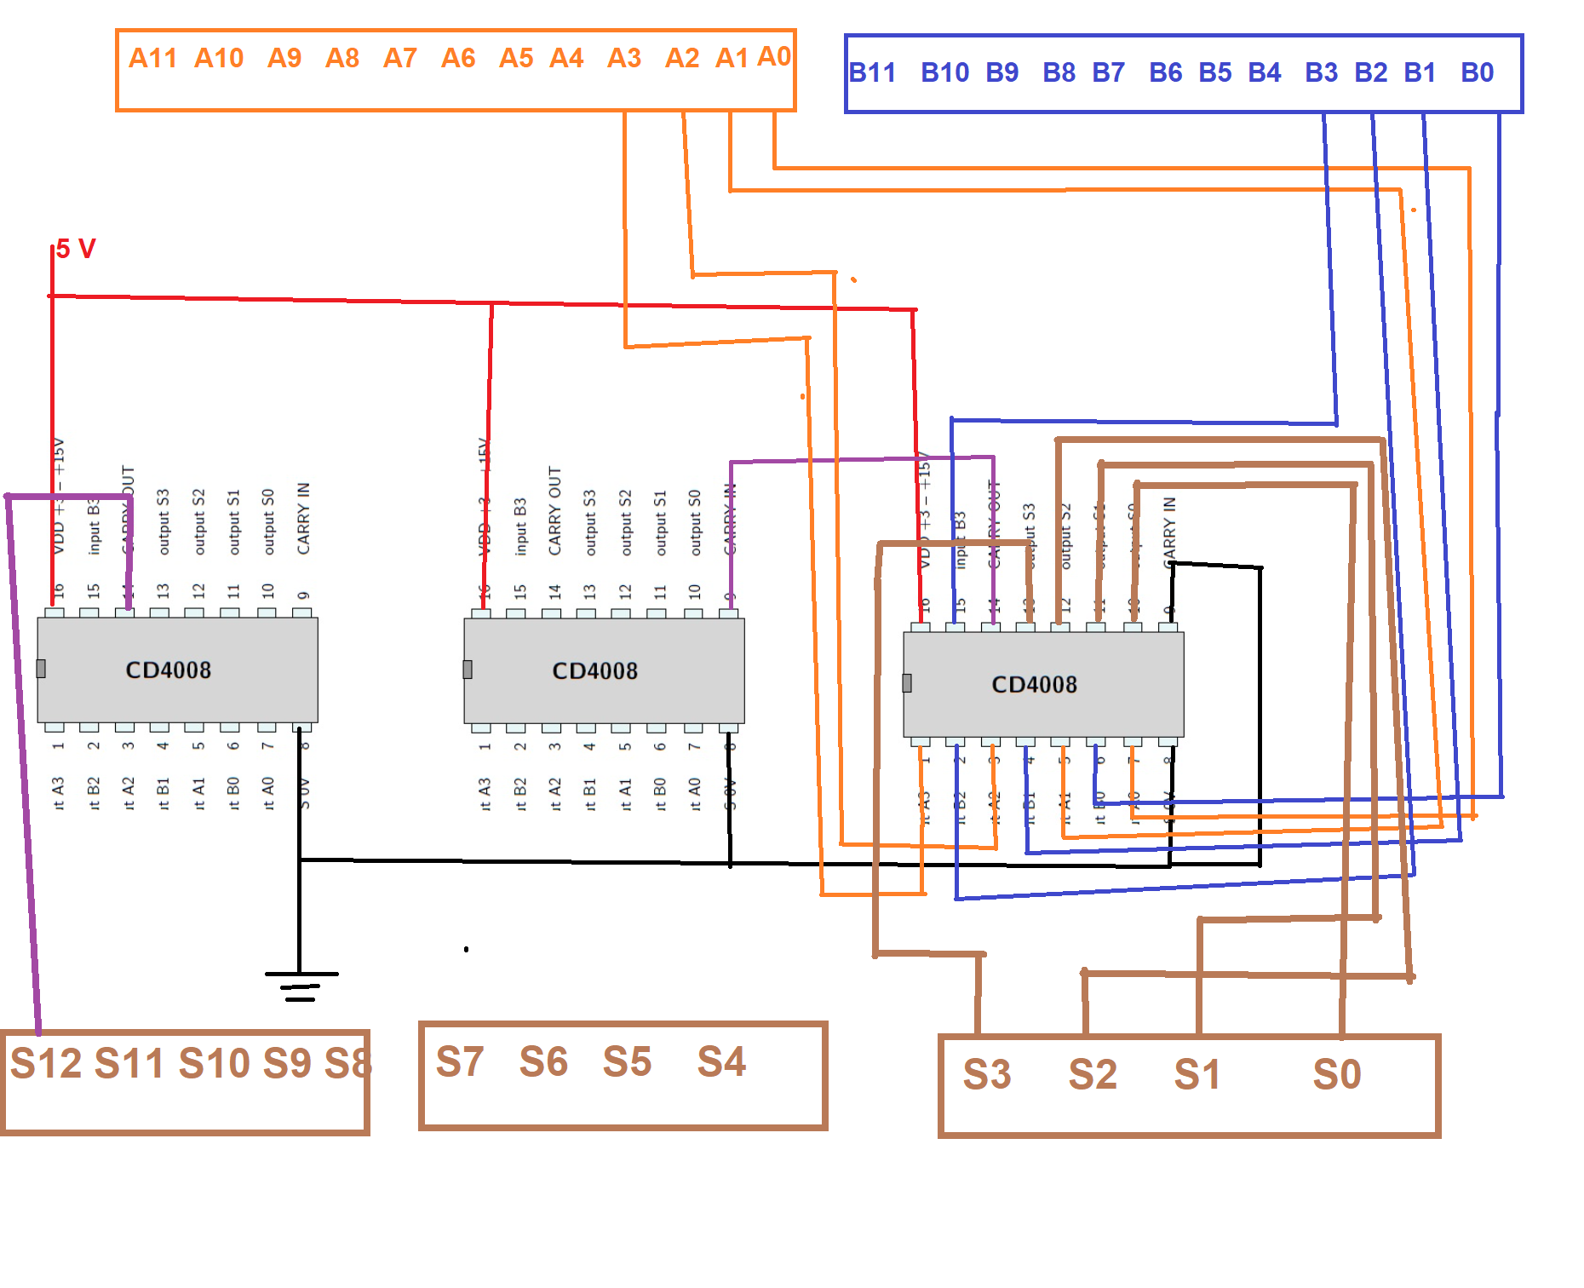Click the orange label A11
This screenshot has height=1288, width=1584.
[x=152, y=58]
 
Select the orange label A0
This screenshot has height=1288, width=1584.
[x=774, y=56]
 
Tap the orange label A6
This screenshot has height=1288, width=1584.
[x=458, y=58]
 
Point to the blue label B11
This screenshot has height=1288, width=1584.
[x=873, y=72]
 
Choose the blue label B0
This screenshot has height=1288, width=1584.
[x=1478, y=72]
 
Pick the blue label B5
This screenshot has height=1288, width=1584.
[x=1215, y=72]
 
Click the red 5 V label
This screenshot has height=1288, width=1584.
[x=77, y=249]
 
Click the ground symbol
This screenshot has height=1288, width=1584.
[x=301, y=986]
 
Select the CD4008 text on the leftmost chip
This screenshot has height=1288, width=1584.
[x=169, y=670]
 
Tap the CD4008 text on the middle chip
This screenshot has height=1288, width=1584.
[x=595, y=671]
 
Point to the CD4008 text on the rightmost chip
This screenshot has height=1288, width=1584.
[x=1035, y=685]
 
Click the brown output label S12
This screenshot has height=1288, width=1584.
[x=46, y=1063]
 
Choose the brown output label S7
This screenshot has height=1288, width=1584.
[x=460, y=1061]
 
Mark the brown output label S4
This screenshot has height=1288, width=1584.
[x=721, y=1061]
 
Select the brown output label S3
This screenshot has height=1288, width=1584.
[x=987, y=1074]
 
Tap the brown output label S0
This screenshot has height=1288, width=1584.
[x=1337, y=1074]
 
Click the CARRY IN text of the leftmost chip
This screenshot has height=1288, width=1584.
[x=304, y=518]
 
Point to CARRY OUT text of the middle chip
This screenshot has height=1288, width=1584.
[x=555, y=511]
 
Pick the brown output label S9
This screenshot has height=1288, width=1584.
[x=287, y=1063]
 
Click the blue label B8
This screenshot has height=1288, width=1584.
[x=1059, y=72]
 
